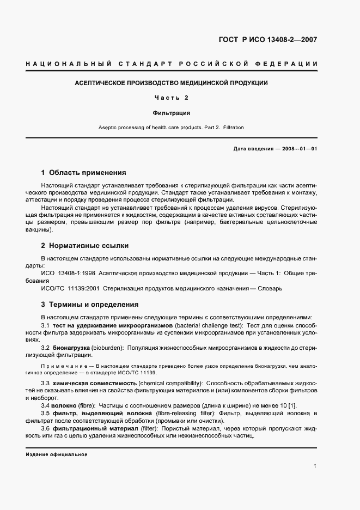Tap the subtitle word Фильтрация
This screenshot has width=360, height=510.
click(171, 113)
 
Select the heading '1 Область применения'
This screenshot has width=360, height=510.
click(83, 173)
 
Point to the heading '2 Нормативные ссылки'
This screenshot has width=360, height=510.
click(85, 246)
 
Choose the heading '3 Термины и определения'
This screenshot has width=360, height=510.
click(90, 305)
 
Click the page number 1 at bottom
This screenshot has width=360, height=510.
click(315, 466)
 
